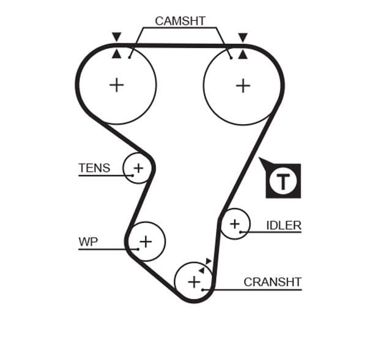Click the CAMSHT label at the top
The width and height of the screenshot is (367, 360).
(180, 21)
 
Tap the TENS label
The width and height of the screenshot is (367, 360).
(94, 167)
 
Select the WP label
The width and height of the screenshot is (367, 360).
(88, 241)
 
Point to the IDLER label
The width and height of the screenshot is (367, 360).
(284, 225)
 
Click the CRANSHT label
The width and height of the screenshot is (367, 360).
(272, 282)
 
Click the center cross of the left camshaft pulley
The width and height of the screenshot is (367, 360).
(116, 84)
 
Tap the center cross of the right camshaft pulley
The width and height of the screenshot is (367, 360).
(243, 85)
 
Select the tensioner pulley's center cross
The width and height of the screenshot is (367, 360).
(138, 167)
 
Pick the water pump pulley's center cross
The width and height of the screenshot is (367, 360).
(146, 241)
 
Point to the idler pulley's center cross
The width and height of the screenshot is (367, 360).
(235, 224)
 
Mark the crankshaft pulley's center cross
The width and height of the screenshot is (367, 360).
(194, 282)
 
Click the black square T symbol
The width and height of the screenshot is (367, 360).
(283, 181)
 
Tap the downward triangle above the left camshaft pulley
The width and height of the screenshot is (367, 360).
(116, 37)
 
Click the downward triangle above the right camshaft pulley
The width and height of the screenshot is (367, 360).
(243, 37)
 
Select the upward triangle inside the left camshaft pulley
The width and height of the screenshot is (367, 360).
(116, 54)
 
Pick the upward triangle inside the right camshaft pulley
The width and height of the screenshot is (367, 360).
(243, 54)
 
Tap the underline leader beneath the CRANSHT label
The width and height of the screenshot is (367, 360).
(257, 289)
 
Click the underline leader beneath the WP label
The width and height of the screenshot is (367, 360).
(101, 249)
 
